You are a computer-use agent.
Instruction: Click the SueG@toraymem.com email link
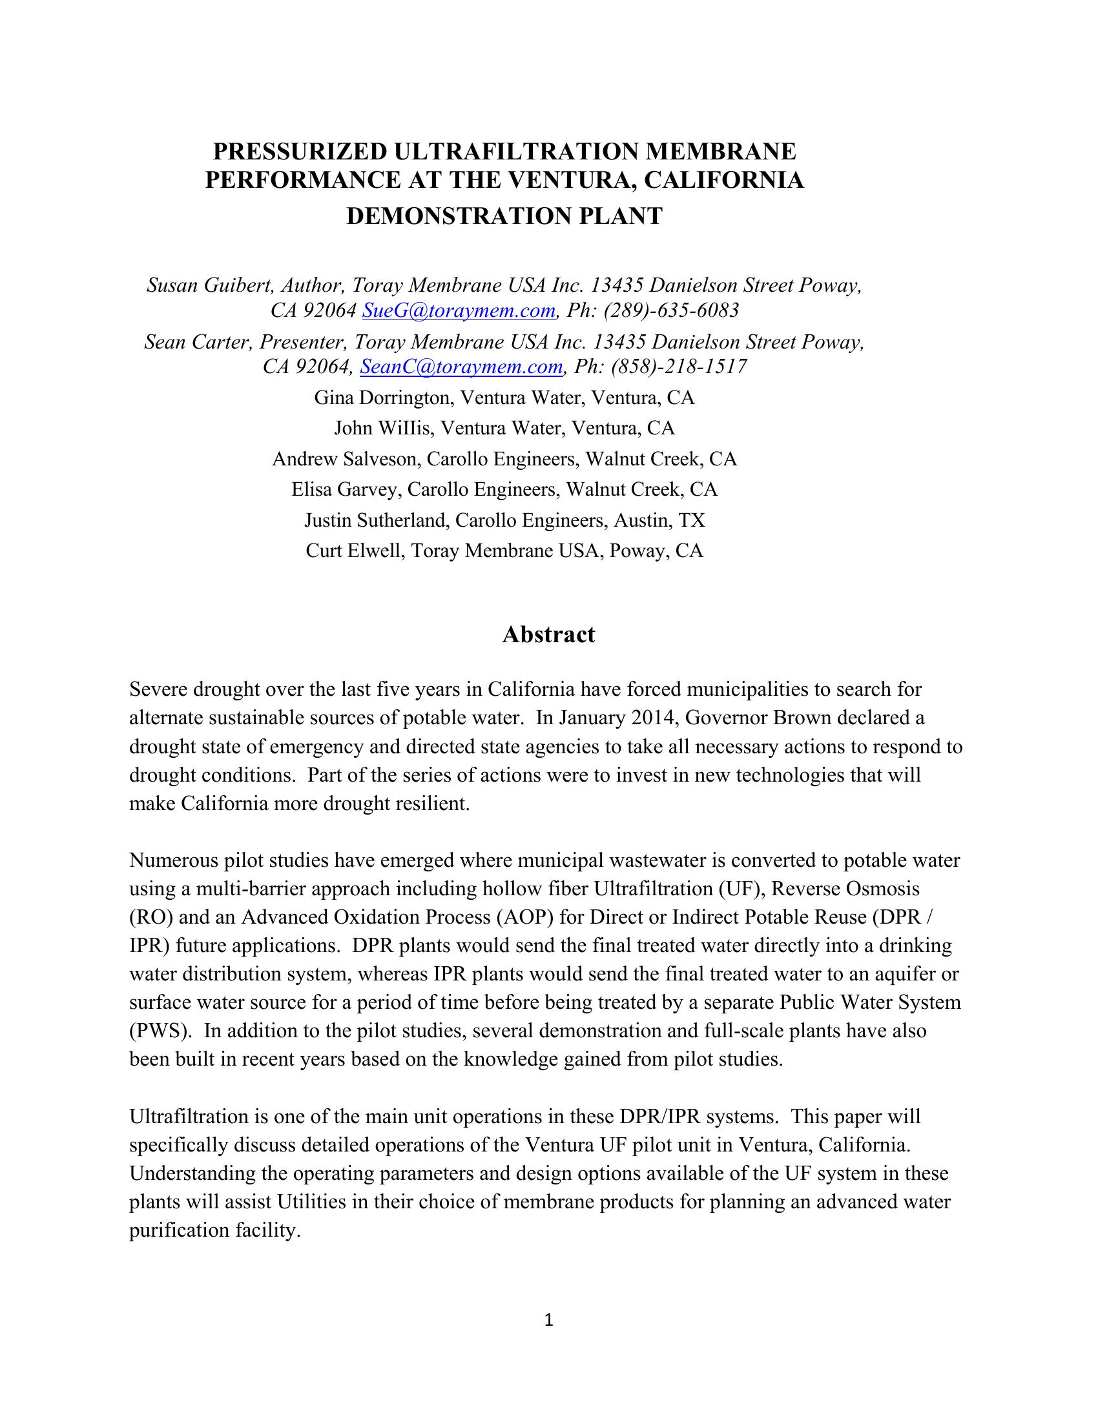point(458,311)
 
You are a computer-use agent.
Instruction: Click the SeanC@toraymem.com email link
point(461,367)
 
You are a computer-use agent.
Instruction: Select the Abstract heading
point(548,634)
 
